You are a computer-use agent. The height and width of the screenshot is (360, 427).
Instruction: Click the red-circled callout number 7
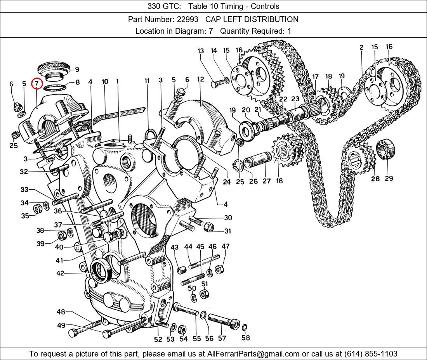click(36, 83)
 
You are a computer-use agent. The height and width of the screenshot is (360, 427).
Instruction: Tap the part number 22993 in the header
click(188, 19)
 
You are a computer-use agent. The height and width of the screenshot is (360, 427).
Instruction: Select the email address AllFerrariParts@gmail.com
click(253, 354)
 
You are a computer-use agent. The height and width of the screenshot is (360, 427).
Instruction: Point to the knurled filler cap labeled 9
click(54, 69)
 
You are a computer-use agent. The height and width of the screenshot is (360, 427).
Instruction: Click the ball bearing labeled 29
click(385, 149)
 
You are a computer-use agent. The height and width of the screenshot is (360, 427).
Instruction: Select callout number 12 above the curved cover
click(200, 80)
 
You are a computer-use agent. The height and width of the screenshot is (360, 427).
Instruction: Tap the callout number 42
click(60, 273)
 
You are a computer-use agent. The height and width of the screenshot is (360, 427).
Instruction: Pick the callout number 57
click(222, 338)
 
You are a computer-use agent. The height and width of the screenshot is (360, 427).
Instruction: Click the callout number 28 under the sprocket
click(375, 178)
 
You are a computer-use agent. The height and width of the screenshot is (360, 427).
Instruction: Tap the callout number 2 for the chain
click(361, 47)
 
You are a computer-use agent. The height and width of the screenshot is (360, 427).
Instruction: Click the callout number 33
click(24, 190)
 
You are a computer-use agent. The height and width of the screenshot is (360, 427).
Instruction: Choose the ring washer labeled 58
click(244, 328)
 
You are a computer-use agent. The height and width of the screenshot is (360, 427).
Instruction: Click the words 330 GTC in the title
click(161, 6)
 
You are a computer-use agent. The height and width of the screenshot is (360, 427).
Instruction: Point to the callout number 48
click(61, 312)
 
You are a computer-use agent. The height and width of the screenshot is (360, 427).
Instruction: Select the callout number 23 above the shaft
click(295, 99)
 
